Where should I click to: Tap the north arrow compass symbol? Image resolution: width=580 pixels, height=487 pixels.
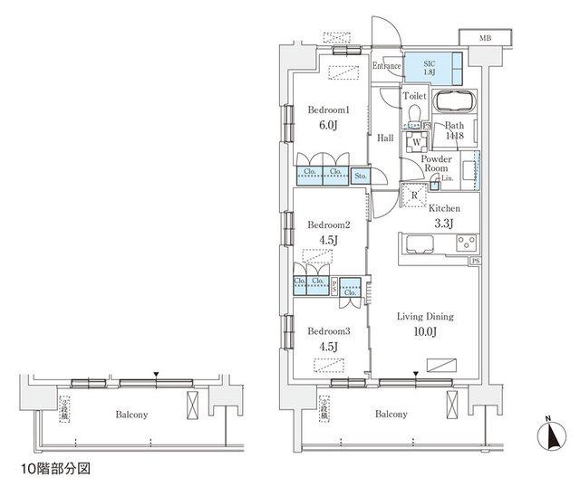click(x=551, y=436)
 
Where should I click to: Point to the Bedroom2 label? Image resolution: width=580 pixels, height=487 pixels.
click(x=327, y=224)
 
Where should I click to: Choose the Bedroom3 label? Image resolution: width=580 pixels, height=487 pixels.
click(x=327, y=330)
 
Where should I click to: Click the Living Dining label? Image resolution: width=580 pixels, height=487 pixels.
click(x=425, y=317)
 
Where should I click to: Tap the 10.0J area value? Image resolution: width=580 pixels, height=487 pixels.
click(x=424, y=332)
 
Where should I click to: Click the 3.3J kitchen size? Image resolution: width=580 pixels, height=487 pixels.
click(x=442, y=224)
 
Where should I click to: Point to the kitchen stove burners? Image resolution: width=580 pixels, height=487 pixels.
click(x=466, y=242)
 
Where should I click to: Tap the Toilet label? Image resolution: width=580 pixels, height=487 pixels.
click(x=414, y=95)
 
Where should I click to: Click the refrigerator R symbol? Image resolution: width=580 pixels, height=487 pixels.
click(x=414, y=195)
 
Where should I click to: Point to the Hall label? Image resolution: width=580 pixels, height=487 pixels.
click(x=385, y=138)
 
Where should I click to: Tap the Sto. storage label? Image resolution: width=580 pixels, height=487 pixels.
click(x=360, y=175)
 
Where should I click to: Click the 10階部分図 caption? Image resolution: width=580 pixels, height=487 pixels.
click(x=56, y=471)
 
